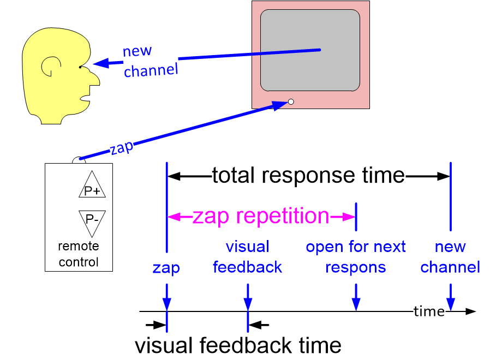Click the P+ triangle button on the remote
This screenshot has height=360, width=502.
pyautogui.click(x=92, y=188)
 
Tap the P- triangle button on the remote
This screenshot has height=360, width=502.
pyautogui.click(x=92, y=219)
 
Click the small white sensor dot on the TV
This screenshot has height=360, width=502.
pyautogui.click(x=291, y=101)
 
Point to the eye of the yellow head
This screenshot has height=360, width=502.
pyautogui.click(x=80, y=67)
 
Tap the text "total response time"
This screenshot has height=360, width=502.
pyautogui.click(x=308, y=176)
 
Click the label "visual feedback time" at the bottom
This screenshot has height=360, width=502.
pyautogui.click(x=238, y=345)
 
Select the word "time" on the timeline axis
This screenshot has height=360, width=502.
pyautogui.click(x=429, y=311)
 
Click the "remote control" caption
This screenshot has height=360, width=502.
pyautogui.click(x=79, y=254)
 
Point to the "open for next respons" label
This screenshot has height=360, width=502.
pyautogui.click(x=356, y=257)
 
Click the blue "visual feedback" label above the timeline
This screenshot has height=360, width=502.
pyautogui.click(x=248, y=257)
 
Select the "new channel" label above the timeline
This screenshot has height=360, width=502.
pyautogui.click(x=450, y=257)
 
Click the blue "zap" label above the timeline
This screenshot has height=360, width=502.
pyautogui.click(x=166, y=267)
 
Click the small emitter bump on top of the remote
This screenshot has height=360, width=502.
pyautogui.click(x=79, y=160)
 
